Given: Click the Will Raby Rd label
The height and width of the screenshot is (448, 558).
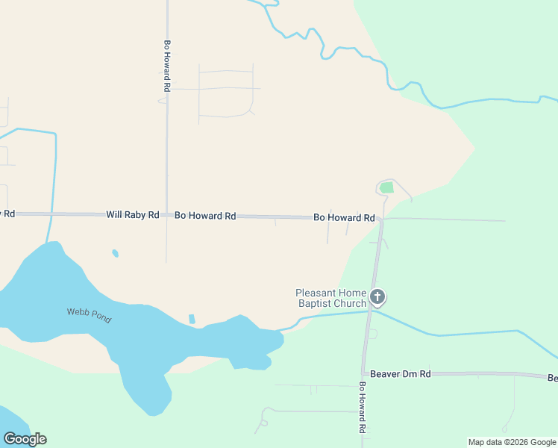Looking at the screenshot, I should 132,215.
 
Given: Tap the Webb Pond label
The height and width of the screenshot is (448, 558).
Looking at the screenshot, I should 89,315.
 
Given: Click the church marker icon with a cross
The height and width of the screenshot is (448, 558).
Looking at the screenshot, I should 377,297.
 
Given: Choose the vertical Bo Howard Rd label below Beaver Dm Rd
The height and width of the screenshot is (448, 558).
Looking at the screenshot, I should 362,408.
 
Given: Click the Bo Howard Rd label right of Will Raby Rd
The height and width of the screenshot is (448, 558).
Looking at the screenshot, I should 205,216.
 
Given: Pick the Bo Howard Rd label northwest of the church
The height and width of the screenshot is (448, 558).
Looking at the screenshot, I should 343,218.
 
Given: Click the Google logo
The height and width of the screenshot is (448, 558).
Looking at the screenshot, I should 25,439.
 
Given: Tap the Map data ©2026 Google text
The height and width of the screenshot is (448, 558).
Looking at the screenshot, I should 512,442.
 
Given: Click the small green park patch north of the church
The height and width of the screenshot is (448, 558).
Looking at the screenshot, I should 386,187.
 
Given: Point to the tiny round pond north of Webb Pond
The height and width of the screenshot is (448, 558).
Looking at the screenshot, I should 115,253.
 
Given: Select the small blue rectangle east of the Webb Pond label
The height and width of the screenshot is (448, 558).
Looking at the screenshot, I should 192,319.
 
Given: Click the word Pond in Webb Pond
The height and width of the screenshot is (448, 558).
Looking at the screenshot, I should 101,319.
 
